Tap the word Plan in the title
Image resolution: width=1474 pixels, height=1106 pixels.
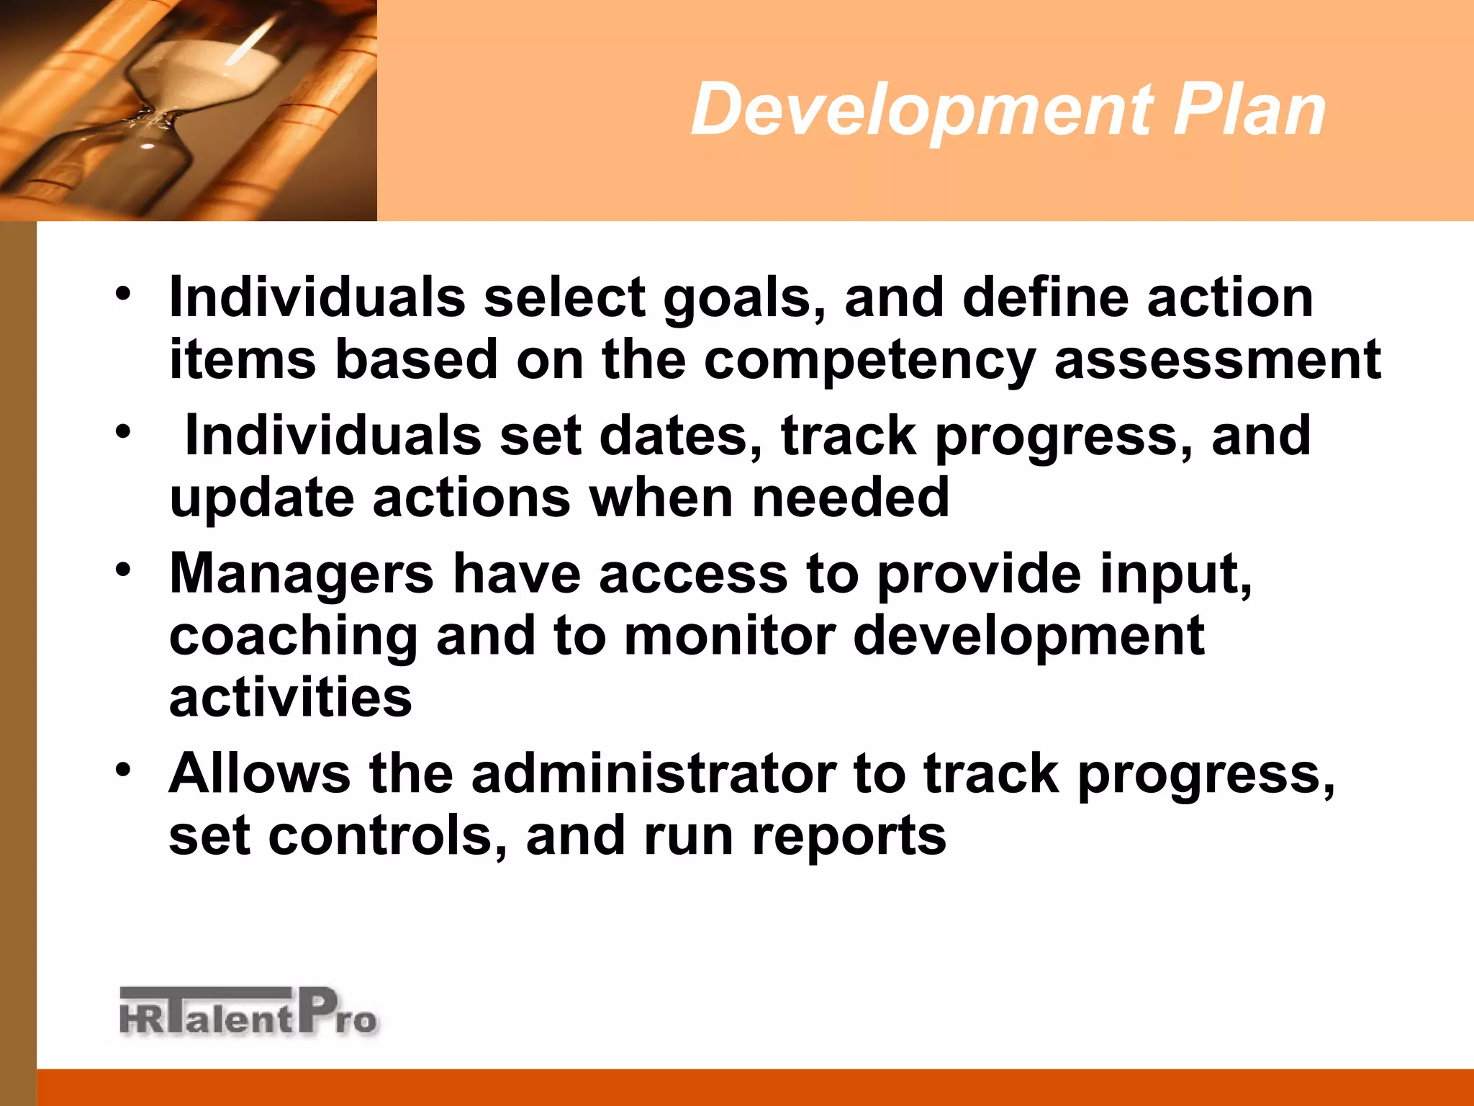click(x=1249, y=109)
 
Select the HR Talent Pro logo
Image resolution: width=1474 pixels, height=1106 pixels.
click(x=248, y=1012)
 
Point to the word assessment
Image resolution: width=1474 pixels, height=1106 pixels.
click(x=1217, y=360)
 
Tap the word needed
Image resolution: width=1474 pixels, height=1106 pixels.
click(x=851, y=498)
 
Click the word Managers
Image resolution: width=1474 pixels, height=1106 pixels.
click(x=302, y=575)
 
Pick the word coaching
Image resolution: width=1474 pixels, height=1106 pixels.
click(x=294, y=637)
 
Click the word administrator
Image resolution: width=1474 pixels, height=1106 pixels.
click(x=653, y=774)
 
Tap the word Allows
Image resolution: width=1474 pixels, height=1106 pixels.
click(x=260, y=774)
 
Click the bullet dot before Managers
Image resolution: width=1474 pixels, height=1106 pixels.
click(x=123, y=570)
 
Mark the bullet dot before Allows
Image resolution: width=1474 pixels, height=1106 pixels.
click(x=123, y=769)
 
